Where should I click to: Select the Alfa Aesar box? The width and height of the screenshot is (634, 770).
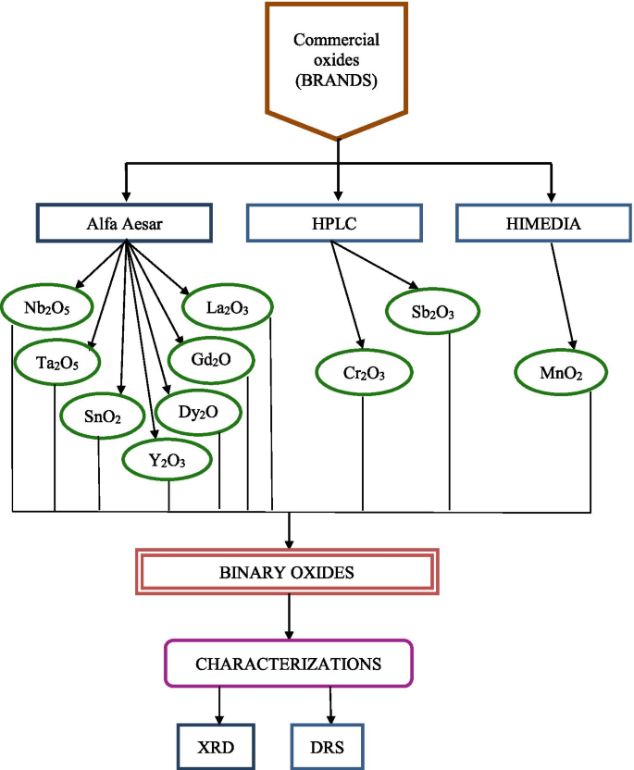pyautogui.click(x=124, y=223)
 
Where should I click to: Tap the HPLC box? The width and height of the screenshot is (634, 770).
pyautogui.click(x=335, y=223)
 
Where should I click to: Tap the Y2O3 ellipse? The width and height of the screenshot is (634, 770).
pyautogui.click(x=168, y=458)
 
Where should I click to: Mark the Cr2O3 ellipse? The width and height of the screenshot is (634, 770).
pyautogui.click(x=364, y=373)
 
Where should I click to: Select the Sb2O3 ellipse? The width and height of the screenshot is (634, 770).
pyautogui.click(x=433, y=313)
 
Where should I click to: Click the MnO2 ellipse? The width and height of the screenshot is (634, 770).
pyautogui.click(x=561, y=373)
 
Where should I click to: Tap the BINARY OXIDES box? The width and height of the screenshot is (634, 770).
pyautogui.click(x=287, y=573)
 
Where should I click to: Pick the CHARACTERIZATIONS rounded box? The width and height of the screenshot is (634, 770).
pyautogui.click(x=288, y=664)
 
